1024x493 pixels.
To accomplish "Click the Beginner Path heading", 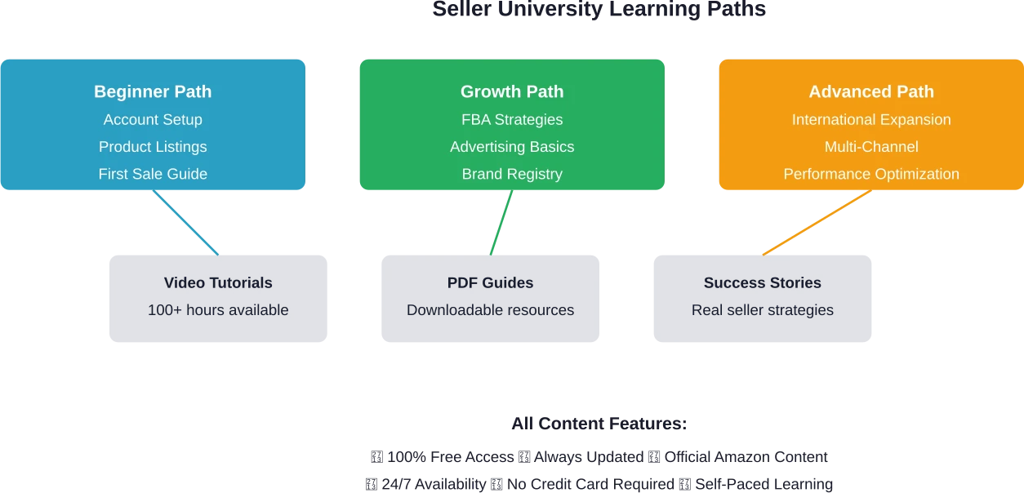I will pyautogui.click(x=153, y=91).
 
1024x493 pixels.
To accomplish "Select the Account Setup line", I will pyautogui.click(x=153, y=119).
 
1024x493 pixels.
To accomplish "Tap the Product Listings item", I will pyautogui.click(x=153, y=147).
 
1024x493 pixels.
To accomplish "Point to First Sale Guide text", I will pyautogui.click(x=153, y=174).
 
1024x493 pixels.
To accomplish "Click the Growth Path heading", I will pyautogui.click(x=512, y=91).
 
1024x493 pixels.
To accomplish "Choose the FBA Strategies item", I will pyautogui.click(x=512, y=119).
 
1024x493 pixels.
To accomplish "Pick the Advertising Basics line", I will pyautogui.click(x=512, y=147).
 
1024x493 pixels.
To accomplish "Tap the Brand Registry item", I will pyautogui.click(x=512, y=174).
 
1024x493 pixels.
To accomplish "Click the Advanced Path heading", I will pyautogui.click(x=871, y=91).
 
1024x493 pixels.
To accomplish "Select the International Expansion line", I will pyautogui.click(x=871, y=119).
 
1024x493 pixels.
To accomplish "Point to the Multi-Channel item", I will pyautogui.click(x=871, y=147).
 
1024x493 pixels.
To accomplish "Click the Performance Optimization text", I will pyautogui.click(x=871, y=174).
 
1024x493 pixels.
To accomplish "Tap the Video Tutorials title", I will pyautogui.click(x=218, y=283).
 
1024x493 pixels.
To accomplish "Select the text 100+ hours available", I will pyautogui.click(x=218, y=310).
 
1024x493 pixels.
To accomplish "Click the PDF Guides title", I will pyautogui.click(x=490, y=283).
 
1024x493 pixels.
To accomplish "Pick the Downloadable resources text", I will pyautogui.click(x=490, y=310).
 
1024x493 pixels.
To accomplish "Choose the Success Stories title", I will pyautogui.click(x=763, y=283).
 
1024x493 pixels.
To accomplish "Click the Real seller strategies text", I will pyautogui.click(x=763, y=310).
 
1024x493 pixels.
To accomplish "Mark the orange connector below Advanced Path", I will pyautogui.click(x=815, y=224).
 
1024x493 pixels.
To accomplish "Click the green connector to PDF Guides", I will pyautogui.click(x=501, y=224).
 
